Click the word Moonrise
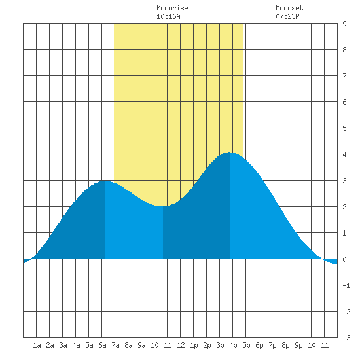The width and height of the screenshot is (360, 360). point(172,8)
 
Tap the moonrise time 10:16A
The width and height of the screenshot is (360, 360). point(168,16)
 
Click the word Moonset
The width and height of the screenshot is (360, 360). point(289,8)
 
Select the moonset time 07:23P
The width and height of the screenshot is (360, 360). point(287,16)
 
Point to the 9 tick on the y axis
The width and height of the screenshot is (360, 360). point(344,24)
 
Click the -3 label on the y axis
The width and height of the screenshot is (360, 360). point(346,338)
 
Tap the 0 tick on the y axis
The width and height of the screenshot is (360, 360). point(344,259)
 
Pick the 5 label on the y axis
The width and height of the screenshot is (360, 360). point(344,128)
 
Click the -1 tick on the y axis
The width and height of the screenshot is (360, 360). point(346,285)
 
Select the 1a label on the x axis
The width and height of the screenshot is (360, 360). point(37,345)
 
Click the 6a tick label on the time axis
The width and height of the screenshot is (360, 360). point(102,345)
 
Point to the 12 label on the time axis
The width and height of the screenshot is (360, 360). point(181,345)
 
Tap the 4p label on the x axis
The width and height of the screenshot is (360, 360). point(233,345)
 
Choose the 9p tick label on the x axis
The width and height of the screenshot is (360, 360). point(298,345)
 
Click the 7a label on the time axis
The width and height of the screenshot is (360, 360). point(115,345)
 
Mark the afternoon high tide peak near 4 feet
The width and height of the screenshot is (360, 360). point(230,153)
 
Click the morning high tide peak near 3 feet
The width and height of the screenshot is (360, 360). point(105,181)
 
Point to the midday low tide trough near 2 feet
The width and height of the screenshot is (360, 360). point(163,206)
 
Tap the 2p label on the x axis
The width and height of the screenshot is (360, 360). point(207,345)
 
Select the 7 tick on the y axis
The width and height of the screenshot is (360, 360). point(344,76)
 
